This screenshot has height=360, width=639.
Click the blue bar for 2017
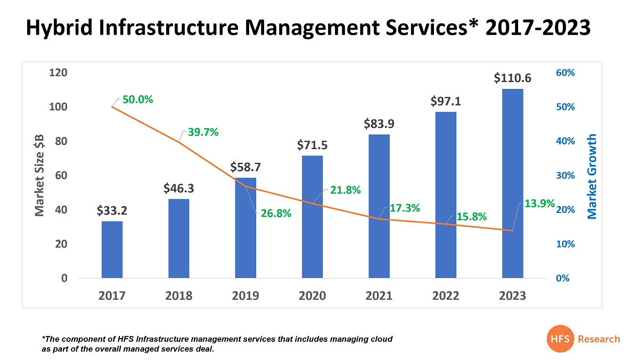click(112, 249)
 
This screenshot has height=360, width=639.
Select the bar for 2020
click(312, 216)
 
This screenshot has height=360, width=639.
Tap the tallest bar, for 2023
click(512, 183)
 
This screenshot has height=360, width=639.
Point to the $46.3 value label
click(178, 189)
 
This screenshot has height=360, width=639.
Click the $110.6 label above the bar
click(512, 78)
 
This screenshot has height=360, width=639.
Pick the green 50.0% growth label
click(137, 100)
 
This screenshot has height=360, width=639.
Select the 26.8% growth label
click(276, 214)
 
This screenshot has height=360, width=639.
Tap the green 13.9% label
click(539, 203)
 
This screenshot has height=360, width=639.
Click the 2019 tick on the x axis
click(245, 296)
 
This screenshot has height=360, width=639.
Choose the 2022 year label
click(446, 296)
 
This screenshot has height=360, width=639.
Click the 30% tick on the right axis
click(566, 176)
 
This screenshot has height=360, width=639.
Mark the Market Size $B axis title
click(39, 175)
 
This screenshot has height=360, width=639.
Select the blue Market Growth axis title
click(592, 176)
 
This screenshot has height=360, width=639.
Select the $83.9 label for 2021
click(379, 124)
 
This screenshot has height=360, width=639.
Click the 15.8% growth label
click(471, 217)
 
